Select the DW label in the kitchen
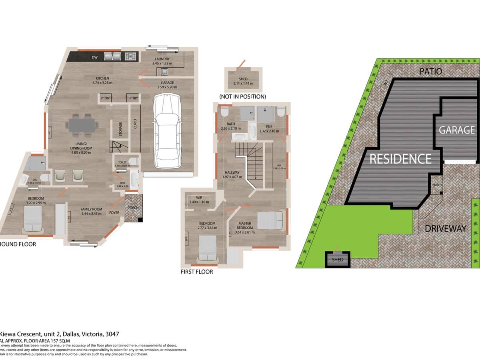tap(95, 57)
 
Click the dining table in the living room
tap(82, 125)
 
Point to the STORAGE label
tap(120, 129)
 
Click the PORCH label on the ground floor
tap(133, 208)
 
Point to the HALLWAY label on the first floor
tap(232, 172)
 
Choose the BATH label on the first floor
tap(230, 124)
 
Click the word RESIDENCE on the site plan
tap(400, 159)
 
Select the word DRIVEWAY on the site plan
tap(446, 229)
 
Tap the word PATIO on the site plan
tap(431, 72)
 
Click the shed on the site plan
tap(338, 259)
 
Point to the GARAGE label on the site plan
tap(457, 130)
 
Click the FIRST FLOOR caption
tap(197, 272)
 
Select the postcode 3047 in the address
tap(111, 334)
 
